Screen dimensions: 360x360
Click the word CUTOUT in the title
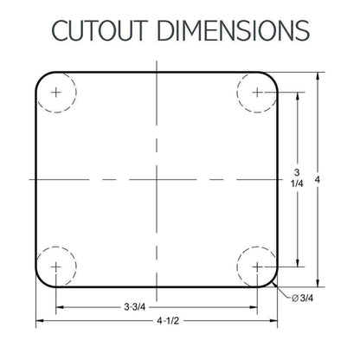click(100, 30)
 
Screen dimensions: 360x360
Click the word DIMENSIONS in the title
click(234, 30)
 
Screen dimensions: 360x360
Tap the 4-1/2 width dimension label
click(168, 320)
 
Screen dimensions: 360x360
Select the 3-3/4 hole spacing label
click(135, 307)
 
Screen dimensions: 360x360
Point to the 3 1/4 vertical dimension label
click(297, 178)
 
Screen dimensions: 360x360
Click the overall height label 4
click(318, 180)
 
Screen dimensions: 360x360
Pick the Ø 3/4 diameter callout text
click(302, 298)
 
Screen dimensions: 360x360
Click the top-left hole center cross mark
click(56, 93)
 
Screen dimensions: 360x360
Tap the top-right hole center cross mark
click(257, 93)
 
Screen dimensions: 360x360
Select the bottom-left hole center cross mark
click(56, 267)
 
